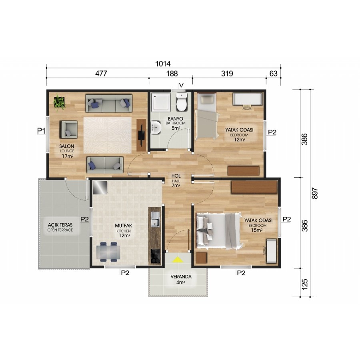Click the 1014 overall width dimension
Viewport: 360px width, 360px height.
(163, 64)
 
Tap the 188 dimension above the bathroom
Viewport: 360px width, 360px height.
(172, 74)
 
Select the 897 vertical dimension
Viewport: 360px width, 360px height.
(315, 193)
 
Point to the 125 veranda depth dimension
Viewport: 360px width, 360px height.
(305, 284)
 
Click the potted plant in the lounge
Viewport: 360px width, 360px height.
(60, 102)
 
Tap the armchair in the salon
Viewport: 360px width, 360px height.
(69, 130)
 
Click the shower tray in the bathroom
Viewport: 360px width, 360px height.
(161, 102)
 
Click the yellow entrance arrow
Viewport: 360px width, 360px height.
(177, 260)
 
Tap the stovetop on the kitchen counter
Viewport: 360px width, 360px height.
(156, 256)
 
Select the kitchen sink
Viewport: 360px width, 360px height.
(156, 220)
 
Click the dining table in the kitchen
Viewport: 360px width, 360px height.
(108, 252)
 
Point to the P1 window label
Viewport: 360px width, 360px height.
(41, 131)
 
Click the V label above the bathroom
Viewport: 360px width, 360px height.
(181, 85)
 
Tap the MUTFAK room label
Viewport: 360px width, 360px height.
(124, 226)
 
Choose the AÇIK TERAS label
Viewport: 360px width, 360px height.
(60, 225)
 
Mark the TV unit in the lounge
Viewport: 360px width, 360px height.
(141, 135)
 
